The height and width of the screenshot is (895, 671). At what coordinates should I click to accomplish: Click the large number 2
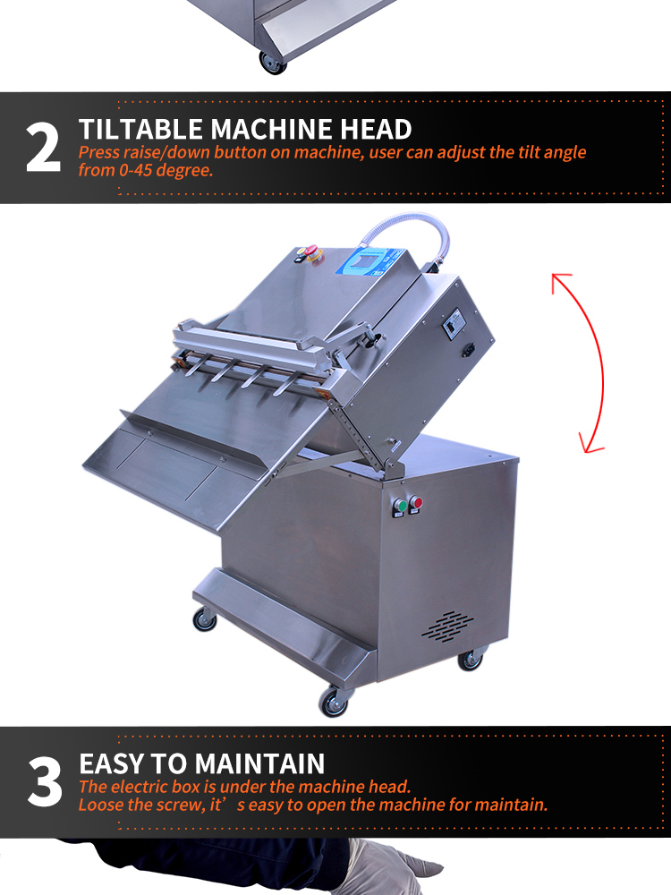pos(43,149)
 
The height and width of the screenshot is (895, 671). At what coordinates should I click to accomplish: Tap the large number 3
pos(45,781)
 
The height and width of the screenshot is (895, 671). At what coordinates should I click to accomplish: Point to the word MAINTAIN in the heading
pos(263,763)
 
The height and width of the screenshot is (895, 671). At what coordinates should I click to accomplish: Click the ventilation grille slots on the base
pos(447,626)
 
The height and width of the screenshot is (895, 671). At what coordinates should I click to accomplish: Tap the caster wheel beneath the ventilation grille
pos(471,659)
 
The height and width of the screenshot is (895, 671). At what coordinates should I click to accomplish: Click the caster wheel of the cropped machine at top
pos(273,62)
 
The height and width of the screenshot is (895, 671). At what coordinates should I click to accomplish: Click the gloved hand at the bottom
pos(393,867)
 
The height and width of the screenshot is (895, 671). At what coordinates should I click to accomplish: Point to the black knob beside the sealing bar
pos(377,341)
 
